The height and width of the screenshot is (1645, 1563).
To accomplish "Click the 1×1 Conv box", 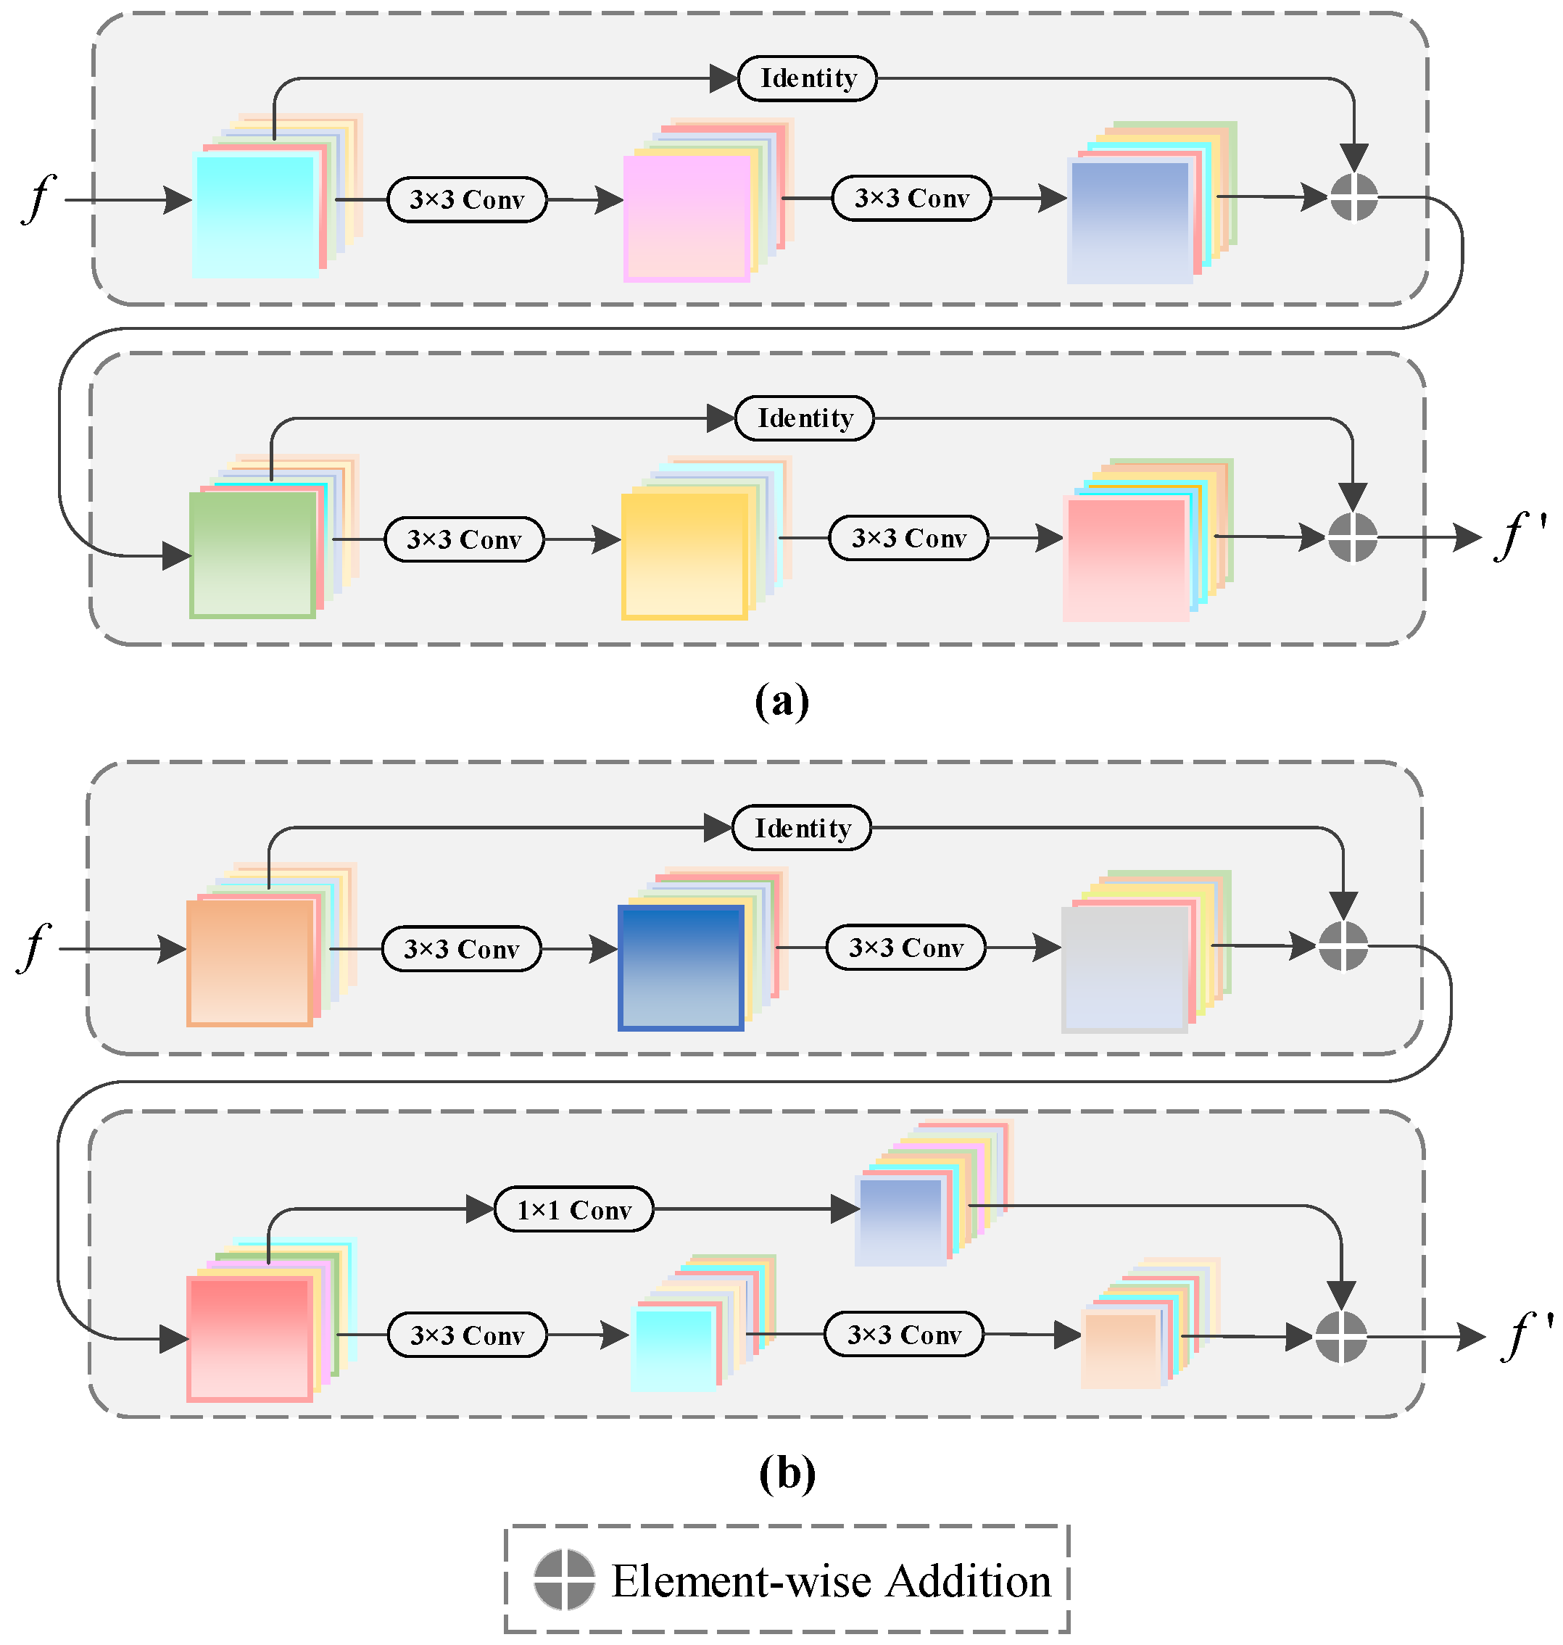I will pos(574,1209).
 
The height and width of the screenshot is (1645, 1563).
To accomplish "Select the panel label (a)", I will pos(781,701).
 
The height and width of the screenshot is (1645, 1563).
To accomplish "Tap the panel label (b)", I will pos(787,1473).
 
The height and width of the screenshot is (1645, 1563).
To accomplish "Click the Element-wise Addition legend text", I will pos(831,1580).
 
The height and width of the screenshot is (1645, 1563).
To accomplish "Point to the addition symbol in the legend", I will pos(564,1580).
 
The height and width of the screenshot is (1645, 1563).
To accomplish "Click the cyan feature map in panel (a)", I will pos(254,215).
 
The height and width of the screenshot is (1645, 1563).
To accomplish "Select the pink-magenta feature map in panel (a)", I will pos(687,218).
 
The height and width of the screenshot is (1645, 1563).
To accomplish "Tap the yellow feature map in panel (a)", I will pos(684,556).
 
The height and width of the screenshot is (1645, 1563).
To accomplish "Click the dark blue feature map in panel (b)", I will pos(681,968).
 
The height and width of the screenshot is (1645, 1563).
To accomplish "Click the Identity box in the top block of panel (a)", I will pos(808,78).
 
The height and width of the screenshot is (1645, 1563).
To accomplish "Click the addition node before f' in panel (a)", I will pos(1351,537).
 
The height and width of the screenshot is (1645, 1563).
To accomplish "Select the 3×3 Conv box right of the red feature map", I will pos(467,1335).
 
